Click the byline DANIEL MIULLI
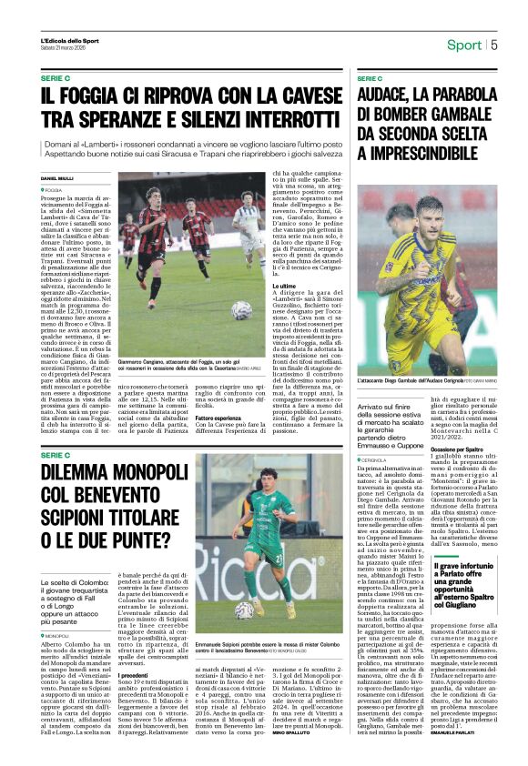[56, 177]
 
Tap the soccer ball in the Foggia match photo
[241, 310]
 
